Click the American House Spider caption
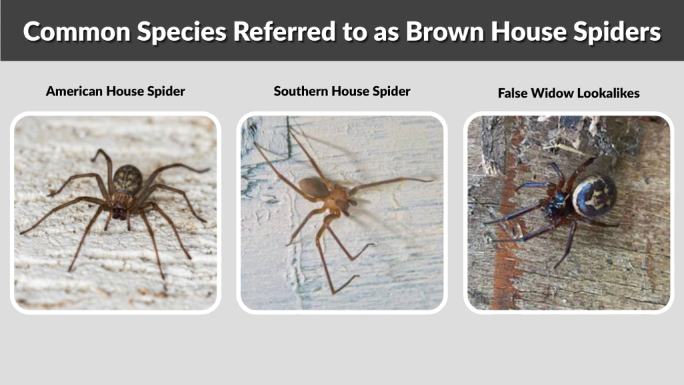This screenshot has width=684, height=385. (x=115, y=91)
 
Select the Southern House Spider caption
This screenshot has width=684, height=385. (x=341, y=91)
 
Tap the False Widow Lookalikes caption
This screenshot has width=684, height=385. (x=568, y=93)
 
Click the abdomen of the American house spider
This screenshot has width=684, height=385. (x=127, y=178)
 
